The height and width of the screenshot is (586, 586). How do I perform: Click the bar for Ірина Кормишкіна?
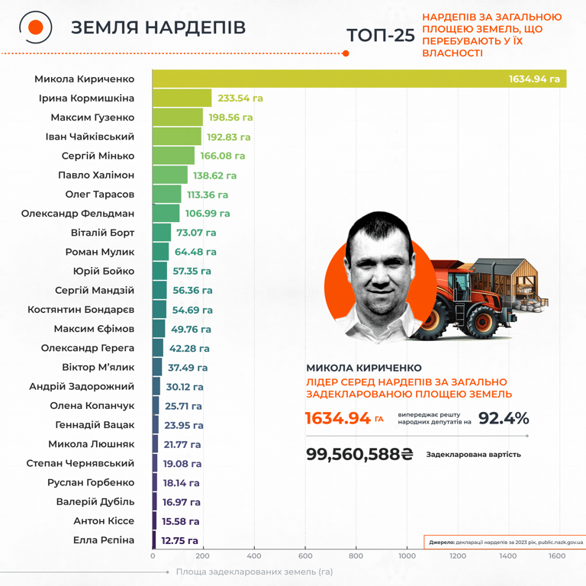coord(182,98)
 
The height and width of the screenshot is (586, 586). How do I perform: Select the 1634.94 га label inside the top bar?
coord(534,79)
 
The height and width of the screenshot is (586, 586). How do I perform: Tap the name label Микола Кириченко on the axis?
coord(84,79)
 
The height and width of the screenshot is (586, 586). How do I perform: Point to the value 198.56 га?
coord(229,118)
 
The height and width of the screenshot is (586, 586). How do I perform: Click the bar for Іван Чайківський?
coord(176,137)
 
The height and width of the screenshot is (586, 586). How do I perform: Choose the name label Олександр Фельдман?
coord(78,214)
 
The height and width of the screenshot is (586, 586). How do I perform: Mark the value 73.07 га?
coord(196,233)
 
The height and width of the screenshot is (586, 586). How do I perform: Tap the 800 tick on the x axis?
coord(356,556)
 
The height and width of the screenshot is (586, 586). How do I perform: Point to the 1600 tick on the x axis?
coord(557,556)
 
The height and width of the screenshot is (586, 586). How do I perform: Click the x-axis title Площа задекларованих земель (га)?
coord(254,572)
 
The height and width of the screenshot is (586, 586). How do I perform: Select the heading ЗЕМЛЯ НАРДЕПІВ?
coord(158,27)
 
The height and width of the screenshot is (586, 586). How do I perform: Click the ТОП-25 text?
coord(380,36)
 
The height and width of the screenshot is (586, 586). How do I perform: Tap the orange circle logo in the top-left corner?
coord(35,27)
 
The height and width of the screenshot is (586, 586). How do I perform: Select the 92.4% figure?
coord(504,418)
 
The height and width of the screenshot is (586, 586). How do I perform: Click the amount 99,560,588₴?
coord(359,454)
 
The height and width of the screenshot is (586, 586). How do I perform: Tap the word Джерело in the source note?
coord(442,543)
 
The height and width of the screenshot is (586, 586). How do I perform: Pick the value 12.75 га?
coord(180,540)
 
